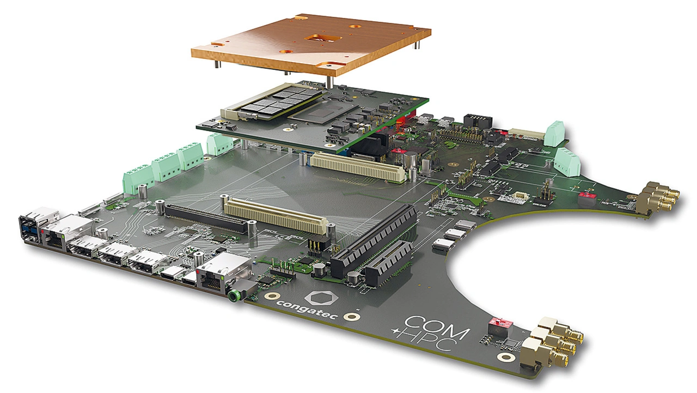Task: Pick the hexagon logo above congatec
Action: click(x=321, y=298)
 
